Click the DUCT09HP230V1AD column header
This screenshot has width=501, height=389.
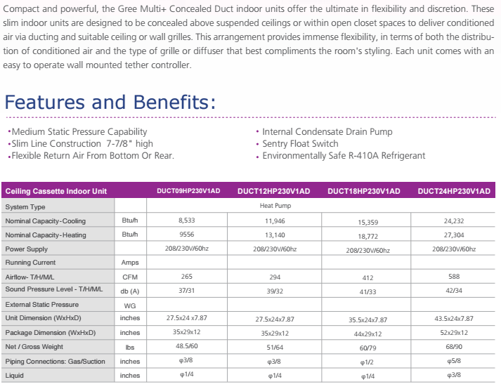click(188, 191)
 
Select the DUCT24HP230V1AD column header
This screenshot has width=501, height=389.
click(453, 191)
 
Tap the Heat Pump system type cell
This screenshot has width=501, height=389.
click(275, 206)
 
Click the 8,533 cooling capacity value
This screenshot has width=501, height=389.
click(186, 220)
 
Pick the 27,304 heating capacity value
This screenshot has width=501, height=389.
click(454, 235)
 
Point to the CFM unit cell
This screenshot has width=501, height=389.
click(130, 277)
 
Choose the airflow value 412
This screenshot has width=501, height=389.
click(367, 278)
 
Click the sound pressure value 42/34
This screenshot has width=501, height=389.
click(454, 290)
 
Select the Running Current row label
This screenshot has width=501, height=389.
click(32, 263)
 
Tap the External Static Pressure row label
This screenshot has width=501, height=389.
click(41, 305)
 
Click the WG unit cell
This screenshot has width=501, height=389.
click(130, 305)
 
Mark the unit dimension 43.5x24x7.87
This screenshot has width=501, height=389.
click(454, 318)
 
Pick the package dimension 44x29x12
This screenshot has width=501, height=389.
click(367, 334)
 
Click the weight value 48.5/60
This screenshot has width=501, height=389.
click(186, 346)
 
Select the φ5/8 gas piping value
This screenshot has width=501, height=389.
click(454, 361)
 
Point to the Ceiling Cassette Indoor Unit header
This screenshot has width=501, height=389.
click(56, 192)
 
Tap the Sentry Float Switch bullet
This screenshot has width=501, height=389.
click(300, 143)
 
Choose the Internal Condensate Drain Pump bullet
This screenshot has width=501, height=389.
click(327, 131)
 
